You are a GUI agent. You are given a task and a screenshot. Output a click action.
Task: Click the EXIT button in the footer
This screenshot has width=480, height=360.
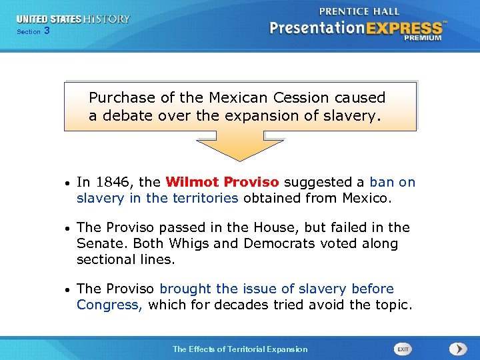403,349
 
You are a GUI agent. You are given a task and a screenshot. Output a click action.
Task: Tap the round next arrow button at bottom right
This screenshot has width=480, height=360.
458,349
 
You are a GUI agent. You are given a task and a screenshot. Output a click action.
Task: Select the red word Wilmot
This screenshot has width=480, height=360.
193,182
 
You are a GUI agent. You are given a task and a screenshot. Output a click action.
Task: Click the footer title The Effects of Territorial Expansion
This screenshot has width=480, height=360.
240,349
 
